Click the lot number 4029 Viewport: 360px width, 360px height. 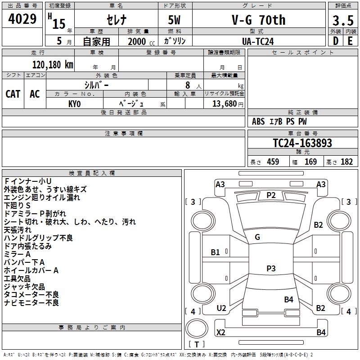pos(22,19)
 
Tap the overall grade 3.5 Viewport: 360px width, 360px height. pos(343,20)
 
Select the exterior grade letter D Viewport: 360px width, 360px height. pos(336,41)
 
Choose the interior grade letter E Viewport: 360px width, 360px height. pos(350,41)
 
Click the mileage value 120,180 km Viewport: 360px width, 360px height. pos(53,65)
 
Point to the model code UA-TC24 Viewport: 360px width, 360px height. pos(258,41)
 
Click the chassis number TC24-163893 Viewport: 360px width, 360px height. pos(302,143)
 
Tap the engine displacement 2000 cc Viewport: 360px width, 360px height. pos(141,42)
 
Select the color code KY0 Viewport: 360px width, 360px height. pos(75,104)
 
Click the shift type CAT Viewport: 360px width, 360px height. pos(13,94)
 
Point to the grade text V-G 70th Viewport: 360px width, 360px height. pos(259,20)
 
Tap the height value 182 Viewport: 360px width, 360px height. pos(346,162)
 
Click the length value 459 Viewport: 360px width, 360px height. pos(273,162)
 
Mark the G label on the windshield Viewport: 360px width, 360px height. pos(257,237)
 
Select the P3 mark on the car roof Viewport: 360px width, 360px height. pos(271,268)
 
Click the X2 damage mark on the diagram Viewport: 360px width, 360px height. pos(221,332)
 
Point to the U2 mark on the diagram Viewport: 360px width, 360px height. pos(221,308)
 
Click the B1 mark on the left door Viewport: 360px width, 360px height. pos(215,252)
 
